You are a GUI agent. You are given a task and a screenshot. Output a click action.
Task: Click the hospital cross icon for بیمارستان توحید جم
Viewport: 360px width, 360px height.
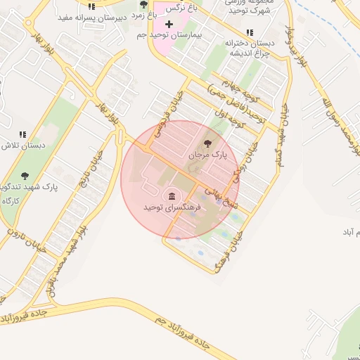click(x=169, y=24)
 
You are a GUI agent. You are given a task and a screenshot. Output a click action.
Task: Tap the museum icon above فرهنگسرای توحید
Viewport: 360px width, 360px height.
click(x=172, y=195)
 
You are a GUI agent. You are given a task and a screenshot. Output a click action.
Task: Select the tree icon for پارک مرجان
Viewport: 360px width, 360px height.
click(x=207, y=143)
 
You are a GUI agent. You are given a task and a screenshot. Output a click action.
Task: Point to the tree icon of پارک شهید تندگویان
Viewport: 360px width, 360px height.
click(x=25, y=176)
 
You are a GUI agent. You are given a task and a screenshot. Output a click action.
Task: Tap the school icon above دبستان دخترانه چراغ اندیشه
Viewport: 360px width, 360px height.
click(x=250, y=32)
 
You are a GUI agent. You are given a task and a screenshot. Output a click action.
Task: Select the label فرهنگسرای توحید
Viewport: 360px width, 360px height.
click(x=173, y=208)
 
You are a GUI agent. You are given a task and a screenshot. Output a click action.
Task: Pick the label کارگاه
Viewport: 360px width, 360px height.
click(x=11, y=201)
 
